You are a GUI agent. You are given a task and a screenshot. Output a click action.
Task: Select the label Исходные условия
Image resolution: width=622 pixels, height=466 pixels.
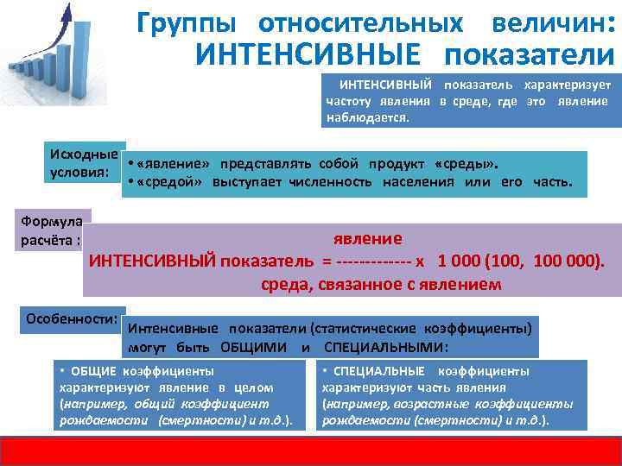pos(84,162)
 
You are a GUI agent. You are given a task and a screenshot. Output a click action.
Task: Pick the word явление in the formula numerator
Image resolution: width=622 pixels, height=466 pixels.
pos(368,239)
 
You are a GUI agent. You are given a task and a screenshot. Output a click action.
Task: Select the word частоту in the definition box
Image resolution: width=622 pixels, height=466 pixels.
pos(349,102)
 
